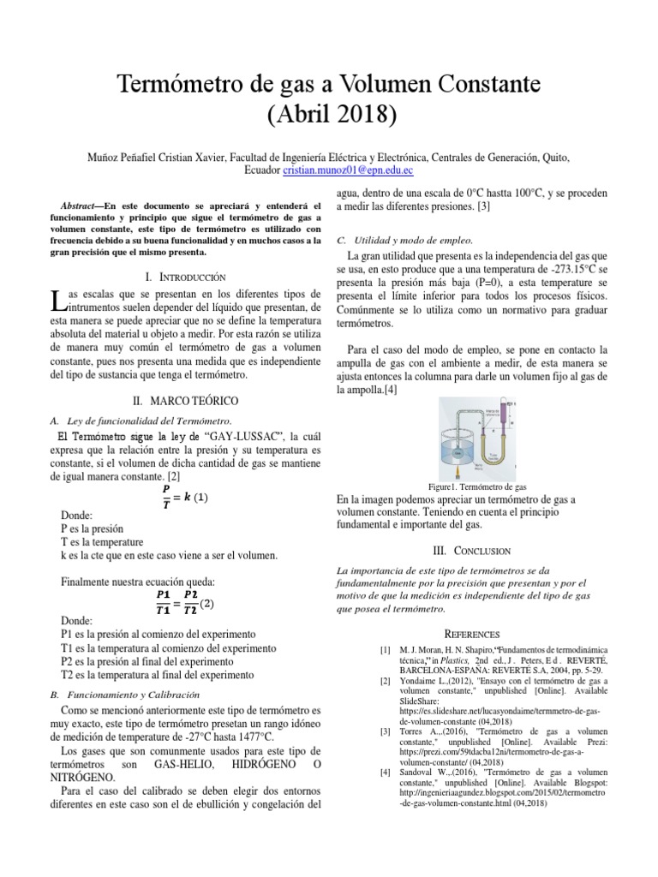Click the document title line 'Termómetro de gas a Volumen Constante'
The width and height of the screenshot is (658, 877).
coord(329,84)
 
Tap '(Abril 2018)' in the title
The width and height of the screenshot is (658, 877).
coord(329,113)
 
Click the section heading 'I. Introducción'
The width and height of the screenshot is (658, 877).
coord(185,277)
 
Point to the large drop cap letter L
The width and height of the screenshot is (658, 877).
coord(57,301)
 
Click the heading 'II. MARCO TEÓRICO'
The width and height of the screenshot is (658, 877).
coord(185,401)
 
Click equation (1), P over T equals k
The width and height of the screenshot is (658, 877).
coord(183,497)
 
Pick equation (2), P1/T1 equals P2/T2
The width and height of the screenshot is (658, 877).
coord(183,602)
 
